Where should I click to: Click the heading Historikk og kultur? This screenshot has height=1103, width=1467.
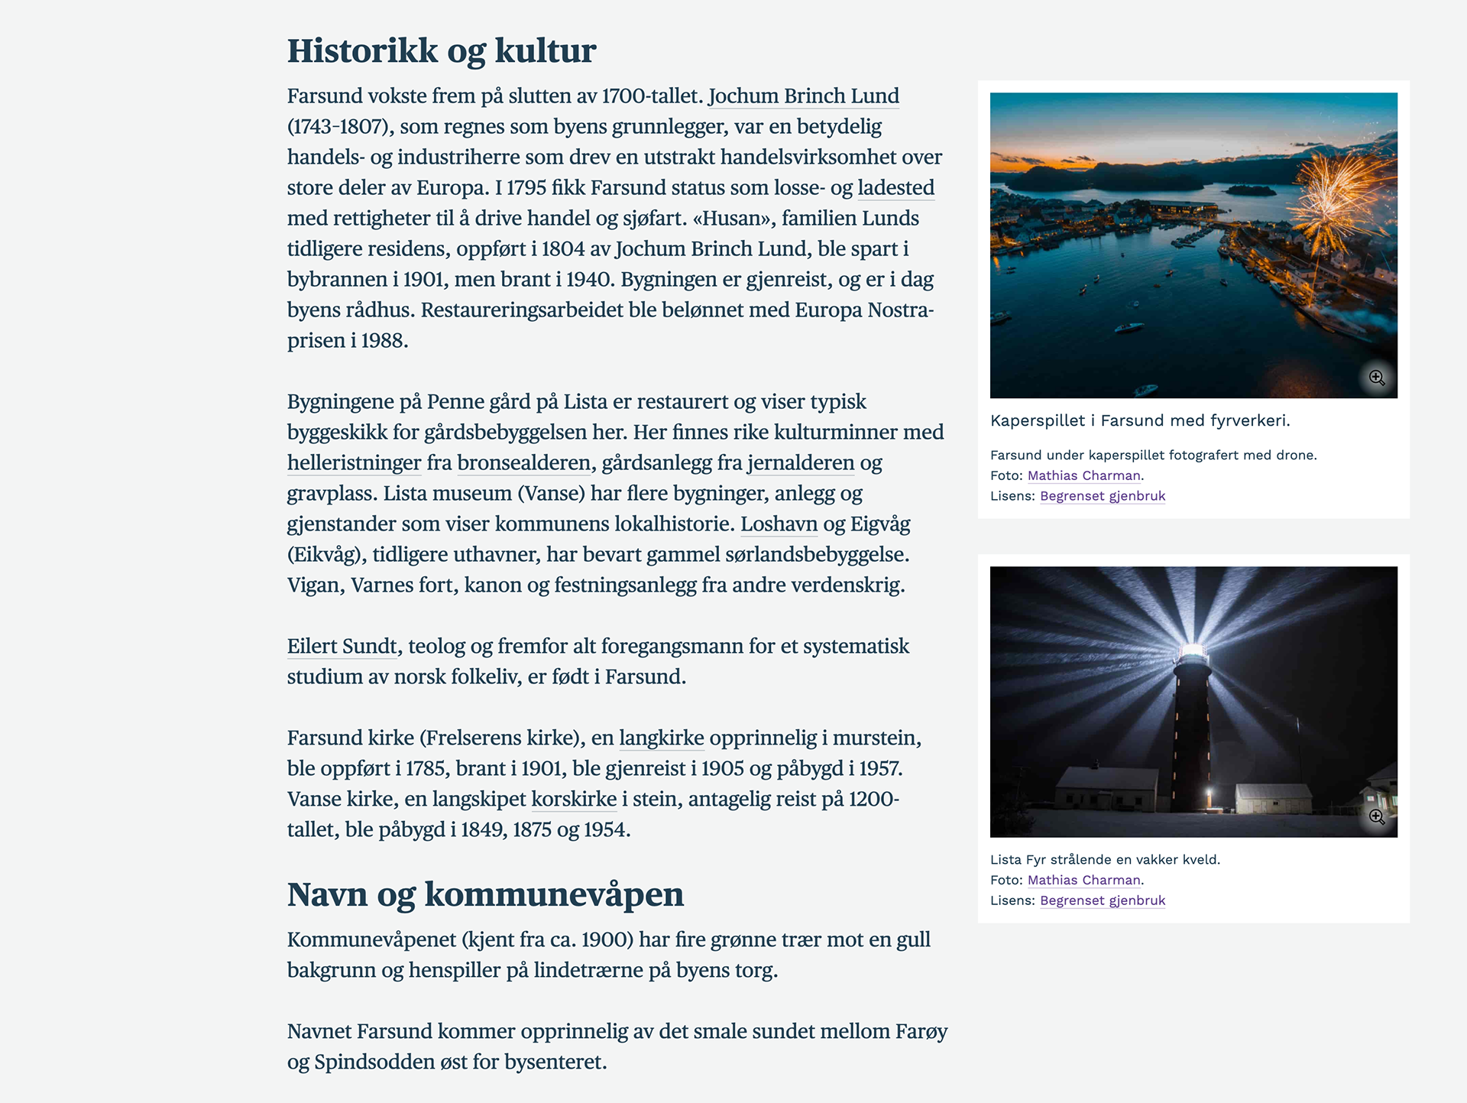(x=441, y=51)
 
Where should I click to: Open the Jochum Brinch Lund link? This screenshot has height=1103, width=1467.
(x=803, y=96)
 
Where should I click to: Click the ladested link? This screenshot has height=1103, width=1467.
(x=895, y=188)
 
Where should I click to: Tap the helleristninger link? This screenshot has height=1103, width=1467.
(x=354, y=463)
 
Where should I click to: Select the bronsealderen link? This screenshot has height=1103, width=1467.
(x=523, y=463)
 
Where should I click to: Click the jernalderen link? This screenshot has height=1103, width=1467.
(x=800, y=463)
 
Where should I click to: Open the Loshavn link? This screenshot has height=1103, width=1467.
(x=779, y=524)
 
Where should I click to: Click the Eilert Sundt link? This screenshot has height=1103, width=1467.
(x=342, y=647)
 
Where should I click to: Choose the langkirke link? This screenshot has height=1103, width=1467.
(x=661, y=738)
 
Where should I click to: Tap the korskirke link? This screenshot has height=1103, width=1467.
(x=573, y=800)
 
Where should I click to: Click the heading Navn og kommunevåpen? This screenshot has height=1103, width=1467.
(x=485, y=894)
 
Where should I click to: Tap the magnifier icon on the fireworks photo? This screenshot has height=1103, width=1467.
(x=1377, y=378)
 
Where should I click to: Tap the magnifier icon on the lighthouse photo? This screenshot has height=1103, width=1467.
(x=1377, y=816)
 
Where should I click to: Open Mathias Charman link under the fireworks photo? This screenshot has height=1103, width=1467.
(x=1083, y=475)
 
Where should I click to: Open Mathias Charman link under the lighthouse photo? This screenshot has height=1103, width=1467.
(x=1083, y=880)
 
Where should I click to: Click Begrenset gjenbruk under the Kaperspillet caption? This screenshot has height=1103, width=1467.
(x=1102, y=496)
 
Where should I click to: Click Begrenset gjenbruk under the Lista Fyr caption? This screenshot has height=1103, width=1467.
(x=1102, y=900)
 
